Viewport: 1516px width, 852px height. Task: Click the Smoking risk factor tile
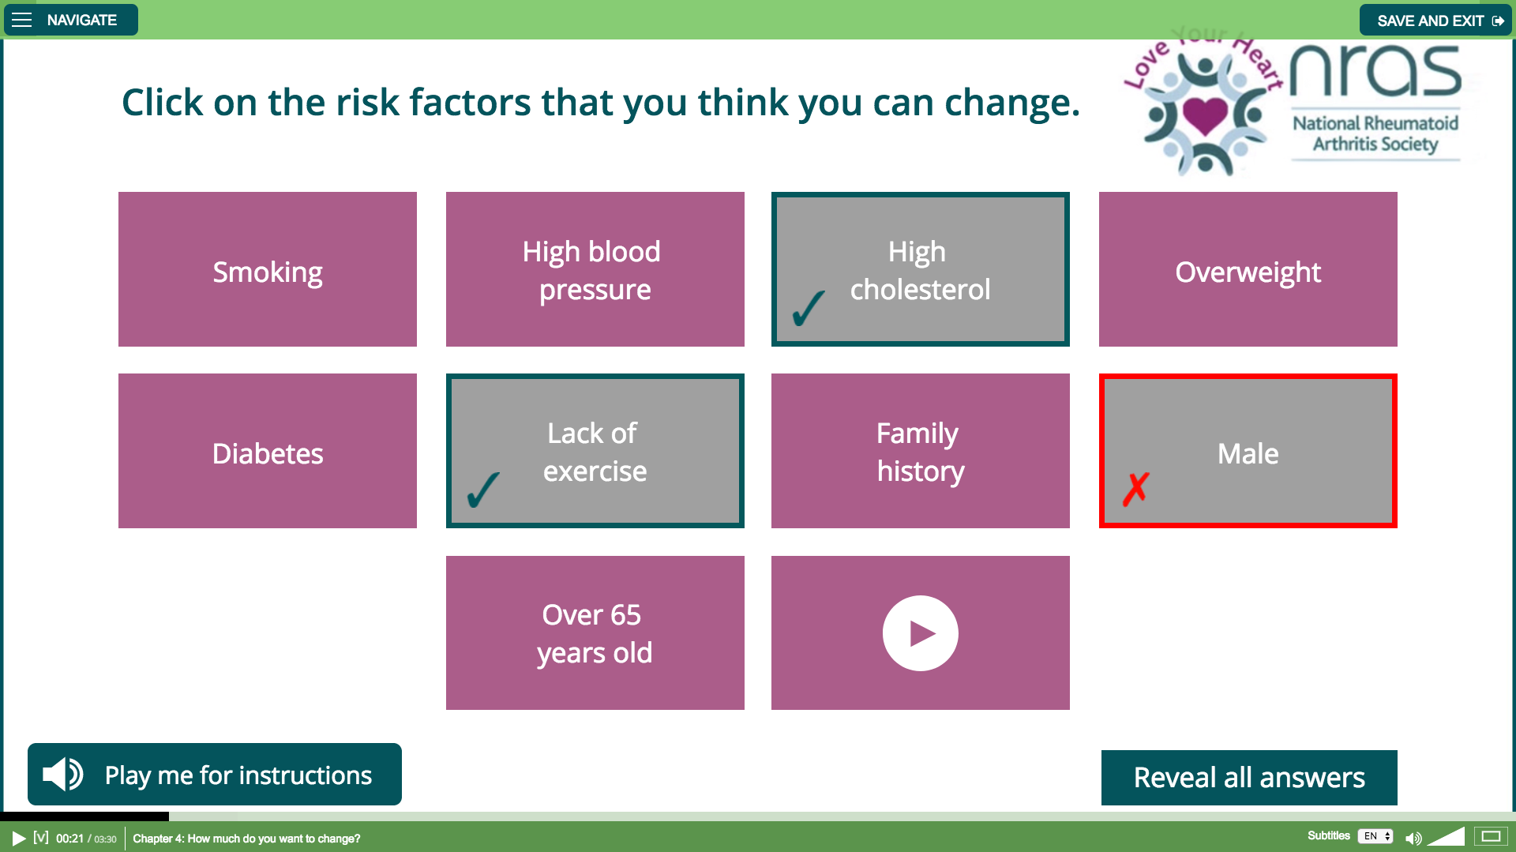click(268, 269)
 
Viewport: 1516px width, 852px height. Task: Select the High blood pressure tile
click(595, 269)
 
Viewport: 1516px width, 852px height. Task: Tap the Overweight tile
click(1248, 269)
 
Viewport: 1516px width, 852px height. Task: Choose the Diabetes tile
click(268, 451)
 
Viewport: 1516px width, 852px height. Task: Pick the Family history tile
click(921, 451)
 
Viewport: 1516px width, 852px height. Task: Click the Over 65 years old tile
click(595, 632)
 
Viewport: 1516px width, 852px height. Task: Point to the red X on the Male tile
click(1136, 489)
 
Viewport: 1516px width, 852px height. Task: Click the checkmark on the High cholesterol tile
click(809, 308)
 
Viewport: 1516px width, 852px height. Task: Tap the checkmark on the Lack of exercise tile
click(483, 490)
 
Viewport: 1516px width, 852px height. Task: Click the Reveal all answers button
click(1249, 778)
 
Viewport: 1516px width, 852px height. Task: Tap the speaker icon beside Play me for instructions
click(63, 774)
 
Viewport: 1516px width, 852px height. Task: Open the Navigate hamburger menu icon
click(22, 20)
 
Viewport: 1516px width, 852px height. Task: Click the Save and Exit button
click(1435, 21)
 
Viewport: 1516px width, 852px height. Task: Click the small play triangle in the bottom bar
click(19, 838)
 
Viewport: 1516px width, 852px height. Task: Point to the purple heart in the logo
click(1205, 116)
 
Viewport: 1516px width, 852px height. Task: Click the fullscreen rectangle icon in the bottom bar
click(1492, 836)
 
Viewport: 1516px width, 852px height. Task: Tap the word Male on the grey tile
click(1248, 454)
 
